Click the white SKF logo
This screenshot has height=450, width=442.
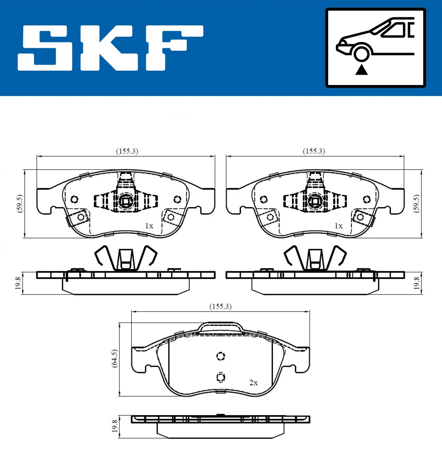[x=110, y=48]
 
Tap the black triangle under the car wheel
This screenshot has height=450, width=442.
[x=361, y=70]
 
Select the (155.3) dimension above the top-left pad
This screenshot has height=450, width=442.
[x=127, y=151]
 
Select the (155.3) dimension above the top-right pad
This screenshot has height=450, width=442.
[x=314, y=151]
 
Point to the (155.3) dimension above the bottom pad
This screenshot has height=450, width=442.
[x=221, y=306]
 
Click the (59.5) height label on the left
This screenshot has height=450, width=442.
[x=20, y=203]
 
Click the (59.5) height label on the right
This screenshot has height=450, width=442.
[x=417, y=203]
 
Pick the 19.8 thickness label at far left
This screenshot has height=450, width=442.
[x=18, y=283]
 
